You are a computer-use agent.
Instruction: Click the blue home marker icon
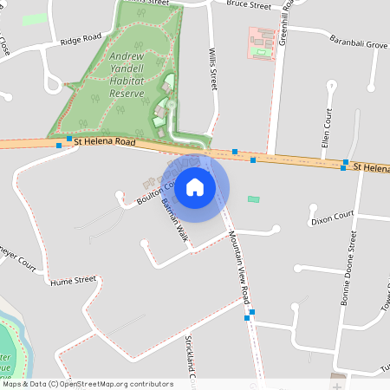195,186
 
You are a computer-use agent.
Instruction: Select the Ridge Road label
81,40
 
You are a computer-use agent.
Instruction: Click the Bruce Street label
249,5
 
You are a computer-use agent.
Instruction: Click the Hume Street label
73,281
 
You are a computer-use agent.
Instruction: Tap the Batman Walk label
175,221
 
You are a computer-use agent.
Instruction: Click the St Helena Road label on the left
104,140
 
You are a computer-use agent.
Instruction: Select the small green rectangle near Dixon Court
253,199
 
